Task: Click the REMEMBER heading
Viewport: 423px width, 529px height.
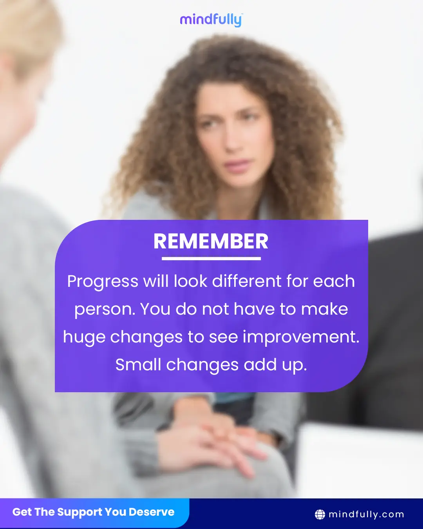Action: (x=211, y=241)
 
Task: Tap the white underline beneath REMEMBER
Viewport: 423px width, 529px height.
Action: (x=211, y=259)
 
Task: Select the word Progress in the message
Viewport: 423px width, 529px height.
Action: (x=103, y=282)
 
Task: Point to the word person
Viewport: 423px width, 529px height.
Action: (x=105, y=310)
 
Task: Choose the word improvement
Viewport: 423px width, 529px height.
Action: (x=301, y=337)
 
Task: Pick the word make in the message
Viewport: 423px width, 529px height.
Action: (x=324, y=309)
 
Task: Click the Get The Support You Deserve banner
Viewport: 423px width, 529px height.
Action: (x=95, y=513)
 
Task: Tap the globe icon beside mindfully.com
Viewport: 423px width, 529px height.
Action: (x=320, y=515)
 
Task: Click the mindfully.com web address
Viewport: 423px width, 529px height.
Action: (x=366, y=515)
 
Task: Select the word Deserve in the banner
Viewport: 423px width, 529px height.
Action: (x=152, y=512)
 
